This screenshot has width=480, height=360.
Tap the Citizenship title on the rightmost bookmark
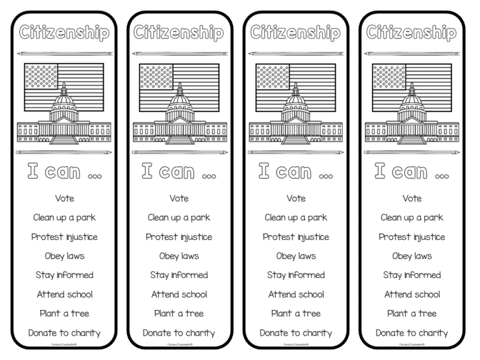[412, 32]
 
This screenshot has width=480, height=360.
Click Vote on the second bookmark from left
[179, 199]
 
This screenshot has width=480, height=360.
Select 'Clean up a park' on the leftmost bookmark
[64, 217]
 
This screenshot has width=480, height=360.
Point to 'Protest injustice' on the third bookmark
[296, 237]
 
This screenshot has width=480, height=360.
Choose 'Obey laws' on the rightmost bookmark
[412, 256]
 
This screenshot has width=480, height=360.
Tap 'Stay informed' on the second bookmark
[179, 275]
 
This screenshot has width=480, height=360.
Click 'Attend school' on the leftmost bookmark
[64, 294]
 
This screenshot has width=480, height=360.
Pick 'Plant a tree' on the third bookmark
[296, 314]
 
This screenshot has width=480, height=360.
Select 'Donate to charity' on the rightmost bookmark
[412, 333]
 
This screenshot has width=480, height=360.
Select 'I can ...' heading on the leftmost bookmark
[64, 171]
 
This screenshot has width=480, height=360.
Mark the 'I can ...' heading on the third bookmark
[296, 171]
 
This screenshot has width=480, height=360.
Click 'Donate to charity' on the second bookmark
[179, 333]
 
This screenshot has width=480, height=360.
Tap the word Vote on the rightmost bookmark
[412, 199]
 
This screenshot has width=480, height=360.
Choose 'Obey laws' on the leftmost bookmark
[64, 256]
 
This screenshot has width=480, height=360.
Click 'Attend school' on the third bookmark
[296, 294]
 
